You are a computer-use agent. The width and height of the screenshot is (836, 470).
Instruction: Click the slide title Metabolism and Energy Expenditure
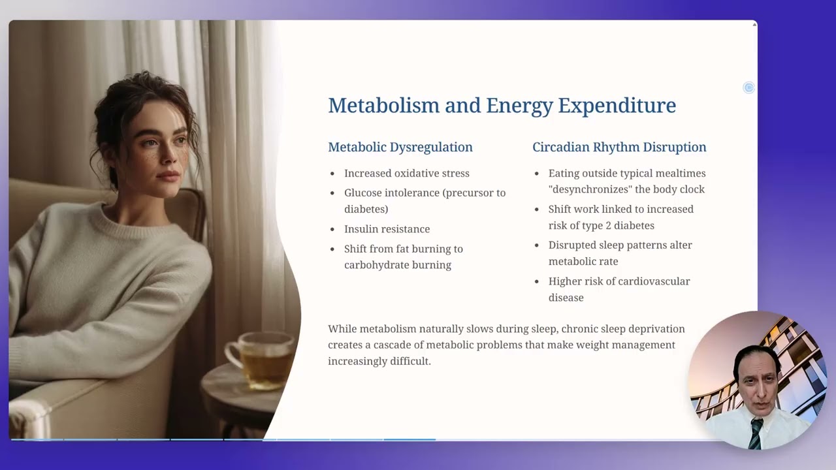502,105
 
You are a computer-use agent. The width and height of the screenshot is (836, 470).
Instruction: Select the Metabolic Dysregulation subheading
400,147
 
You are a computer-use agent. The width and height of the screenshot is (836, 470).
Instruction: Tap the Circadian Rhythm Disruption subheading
619,147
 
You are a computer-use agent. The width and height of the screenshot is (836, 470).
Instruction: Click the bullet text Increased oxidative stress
406,173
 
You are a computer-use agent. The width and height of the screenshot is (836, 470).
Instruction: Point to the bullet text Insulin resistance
387,229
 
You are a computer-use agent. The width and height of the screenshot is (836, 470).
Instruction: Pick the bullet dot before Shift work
537,210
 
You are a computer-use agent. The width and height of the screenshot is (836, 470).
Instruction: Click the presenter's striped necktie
755,433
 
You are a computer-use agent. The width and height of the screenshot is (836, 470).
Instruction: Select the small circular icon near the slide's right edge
748,87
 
